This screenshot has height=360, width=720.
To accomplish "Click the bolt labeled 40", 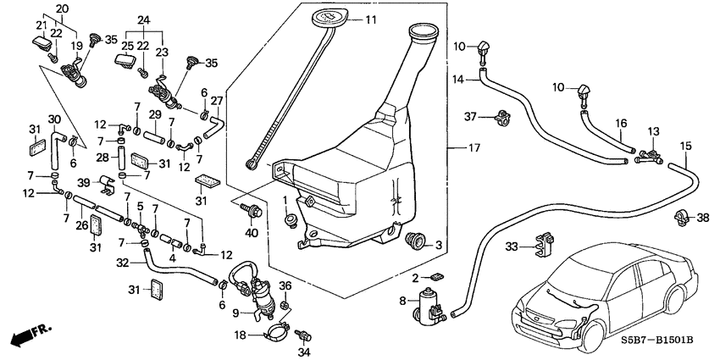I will coord(252,208).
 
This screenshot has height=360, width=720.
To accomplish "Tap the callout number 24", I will coord(142,19).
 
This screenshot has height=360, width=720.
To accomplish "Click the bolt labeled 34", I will coord(300,336).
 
